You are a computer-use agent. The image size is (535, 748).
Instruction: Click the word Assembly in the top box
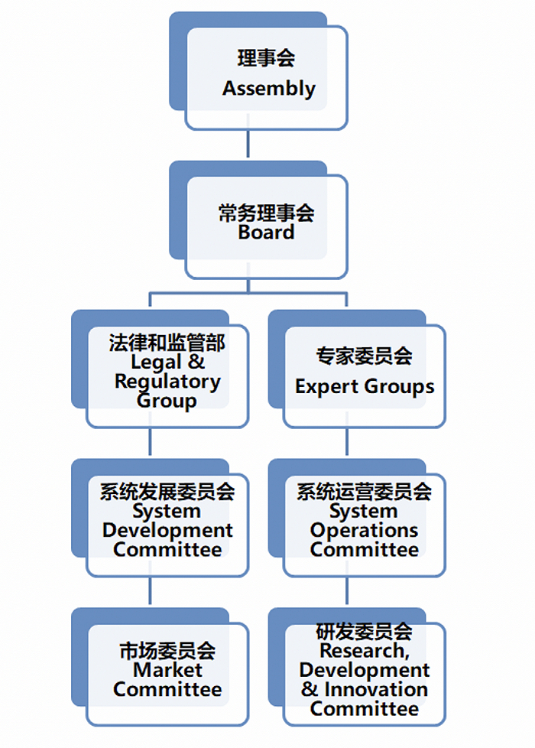pos(269,89)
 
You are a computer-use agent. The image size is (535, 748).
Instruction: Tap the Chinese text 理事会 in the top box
pos(266,58)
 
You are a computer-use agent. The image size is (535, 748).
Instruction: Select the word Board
pos(266,233)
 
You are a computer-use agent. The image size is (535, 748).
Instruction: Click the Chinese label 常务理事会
pos(266,213)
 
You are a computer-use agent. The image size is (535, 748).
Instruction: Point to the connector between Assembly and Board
pos(248,144)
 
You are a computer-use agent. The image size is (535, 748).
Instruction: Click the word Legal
pos(156,363)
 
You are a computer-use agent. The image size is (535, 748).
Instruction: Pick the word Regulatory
pos(167,382)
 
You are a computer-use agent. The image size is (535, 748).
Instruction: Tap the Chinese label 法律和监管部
pos(167,342)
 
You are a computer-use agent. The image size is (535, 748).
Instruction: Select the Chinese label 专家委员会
pos(365,356)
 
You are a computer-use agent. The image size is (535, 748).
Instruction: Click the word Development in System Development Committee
pos(167,530)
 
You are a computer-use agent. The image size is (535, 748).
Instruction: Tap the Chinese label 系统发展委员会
pos(167,492)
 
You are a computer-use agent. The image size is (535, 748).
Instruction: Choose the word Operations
pos(365,530)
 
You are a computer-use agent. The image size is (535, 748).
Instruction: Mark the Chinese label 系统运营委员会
pos(365,492)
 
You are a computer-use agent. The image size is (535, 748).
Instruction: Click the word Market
pos(167,671)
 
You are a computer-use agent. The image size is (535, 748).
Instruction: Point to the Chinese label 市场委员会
pos(167,651)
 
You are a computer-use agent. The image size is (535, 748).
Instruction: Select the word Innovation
pos(375,689)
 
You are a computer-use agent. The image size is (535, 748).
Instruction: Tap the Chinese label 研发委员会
pos(365,633)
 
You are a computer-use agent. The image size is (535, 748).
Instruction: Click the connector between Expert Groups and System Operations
pos(348,442)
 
